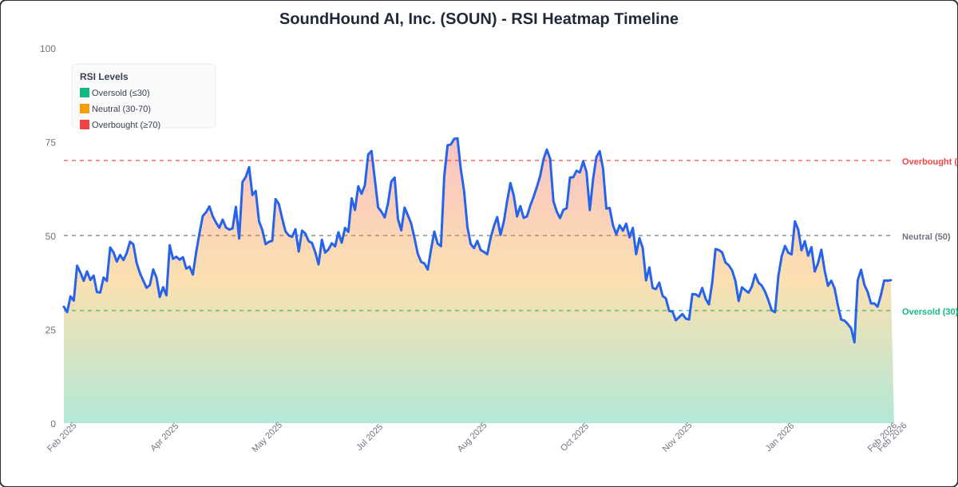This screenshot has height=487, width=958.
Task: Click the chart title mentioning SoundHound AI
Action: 478,18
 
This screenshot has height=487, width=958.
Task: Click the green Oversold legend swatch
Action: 85,93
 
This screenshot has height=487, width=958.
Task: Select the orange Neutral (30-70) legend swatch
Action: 85,109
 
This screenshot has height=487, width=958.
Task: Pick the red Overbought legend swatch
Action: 85,125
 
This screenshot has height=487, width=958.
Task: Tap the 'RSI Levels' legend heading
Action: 104,77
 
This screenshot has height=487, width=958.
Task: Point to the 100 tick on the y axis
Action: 48,49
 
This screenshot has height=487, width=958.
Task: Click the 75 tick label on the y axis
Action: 50,142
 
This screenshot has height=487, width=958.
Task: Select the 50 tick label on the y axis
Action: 50,236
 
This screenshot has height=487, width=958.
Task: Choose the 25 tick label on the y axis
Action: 50,330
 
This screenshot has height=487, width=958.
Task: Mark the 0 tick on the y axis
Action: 53,424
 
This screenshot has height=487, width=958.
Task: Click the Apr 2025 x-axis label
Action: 164,438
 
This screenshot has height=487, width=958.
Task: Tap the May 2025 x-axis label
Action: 267,438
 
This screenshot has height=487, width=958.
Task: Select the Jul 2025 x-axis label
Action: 369,438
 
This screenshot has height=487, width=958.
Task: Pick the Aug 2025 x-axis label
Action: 472,438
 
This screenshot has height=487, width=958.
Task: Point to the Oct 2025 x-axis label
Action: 574,438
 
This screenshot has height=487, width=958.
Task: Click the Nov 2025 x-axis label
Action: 677,438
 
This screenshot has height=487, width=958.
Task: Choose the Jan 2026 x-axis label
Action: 779,438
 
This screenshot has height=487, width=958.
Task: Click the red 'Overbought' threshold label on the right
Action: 928,161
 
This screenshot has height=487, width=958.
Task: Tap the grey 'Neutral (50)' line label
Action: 926,236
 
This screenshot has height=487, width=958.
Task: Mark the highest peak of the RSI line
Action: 455,139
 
